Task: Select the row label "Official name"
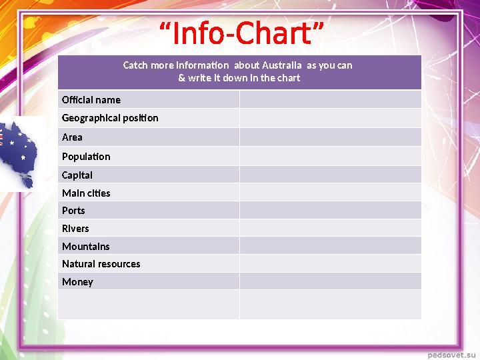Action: (91, 100)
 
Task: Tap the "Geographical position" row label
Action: (110, 118)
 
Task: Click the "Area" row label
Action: (72, 137)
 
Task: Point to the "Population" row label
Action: (86, 157)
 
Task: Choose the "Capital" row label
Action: (77, 175)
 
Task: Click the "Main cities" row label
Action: (86, 193)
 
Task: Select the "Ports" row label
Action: (73, 211)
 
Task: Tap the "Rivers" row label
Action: (75, 229)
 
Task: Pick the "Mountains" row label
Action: (86, 247)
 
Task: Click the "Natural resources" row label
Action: (101, 264)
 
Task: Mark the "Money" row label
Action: (77, 282)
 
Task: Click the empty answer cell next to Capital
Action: (330, 175)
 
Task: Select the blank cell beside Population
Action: (330, 156)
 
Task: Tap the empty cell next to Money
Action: (330, 281)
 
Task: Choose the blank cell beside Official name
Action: (330, 99)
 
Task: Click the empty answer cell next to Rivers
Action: (330, 228)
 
